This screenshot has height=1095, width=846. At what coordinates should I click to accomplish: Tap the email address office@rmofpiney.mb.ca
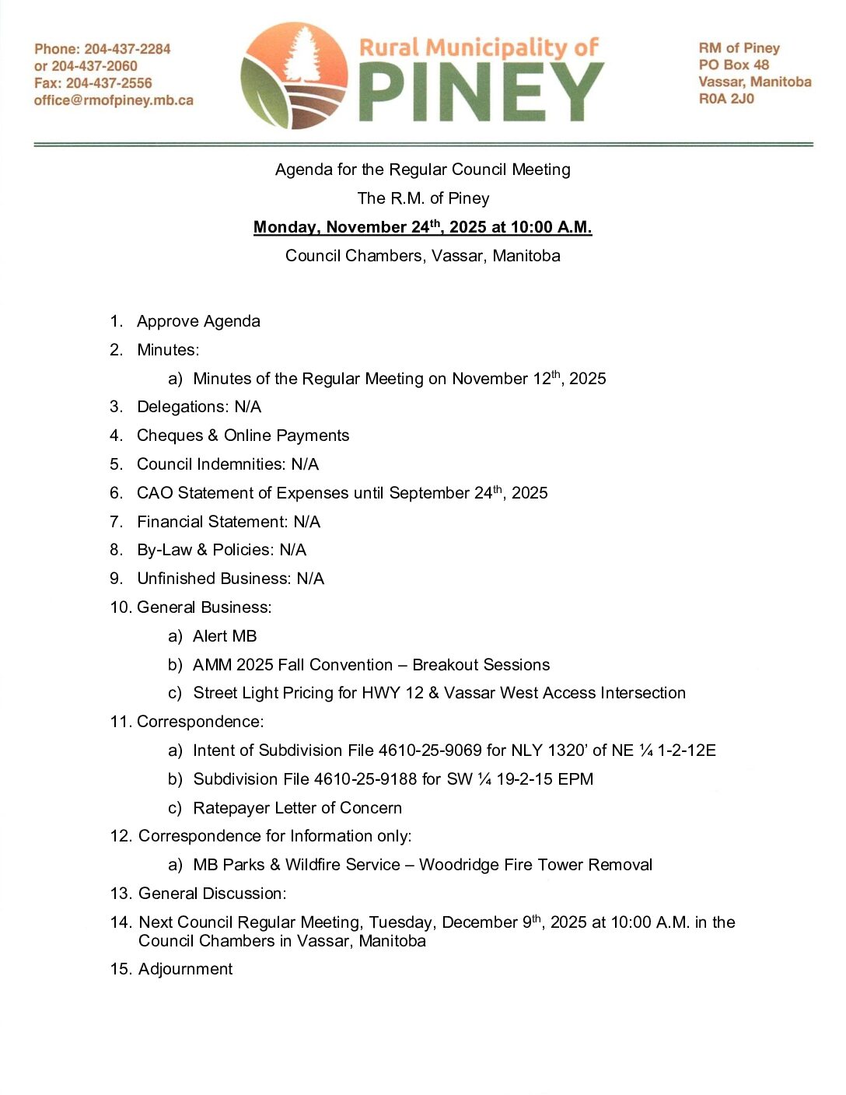coord(114,100)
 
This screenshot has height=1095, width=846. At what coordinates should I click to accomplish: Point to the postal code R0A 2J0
coord(726,99)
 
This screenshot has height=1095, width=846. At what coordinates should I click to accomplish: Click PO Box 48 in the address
coord(733,65)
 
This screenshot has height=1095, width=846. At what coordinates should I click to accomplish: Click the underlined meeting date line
coord(422,227)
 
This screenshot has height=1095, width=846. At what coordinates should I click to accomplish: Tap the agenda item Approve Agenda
coord(198,321)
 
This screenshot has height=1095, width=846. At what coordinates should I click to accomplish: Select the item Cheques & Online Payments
coord(243,436)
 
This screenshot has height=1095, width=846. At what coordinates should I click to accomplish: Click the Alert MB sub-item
coord(225,636)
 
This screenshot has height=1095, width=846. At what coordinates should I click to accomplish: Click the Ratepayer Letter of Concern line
coord(297,808)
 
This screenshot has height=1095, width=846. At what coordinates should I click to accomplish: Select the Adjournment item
coord(185,969)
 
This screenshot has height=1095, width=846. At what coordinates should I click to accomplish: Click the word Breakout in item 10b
coord(446,665)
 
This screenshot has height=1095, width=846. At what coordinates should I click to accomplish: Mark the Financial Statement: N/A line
coord(229,522)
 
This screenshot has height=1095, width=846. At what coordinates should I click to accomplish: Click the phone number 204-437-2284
coord(128,49)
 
